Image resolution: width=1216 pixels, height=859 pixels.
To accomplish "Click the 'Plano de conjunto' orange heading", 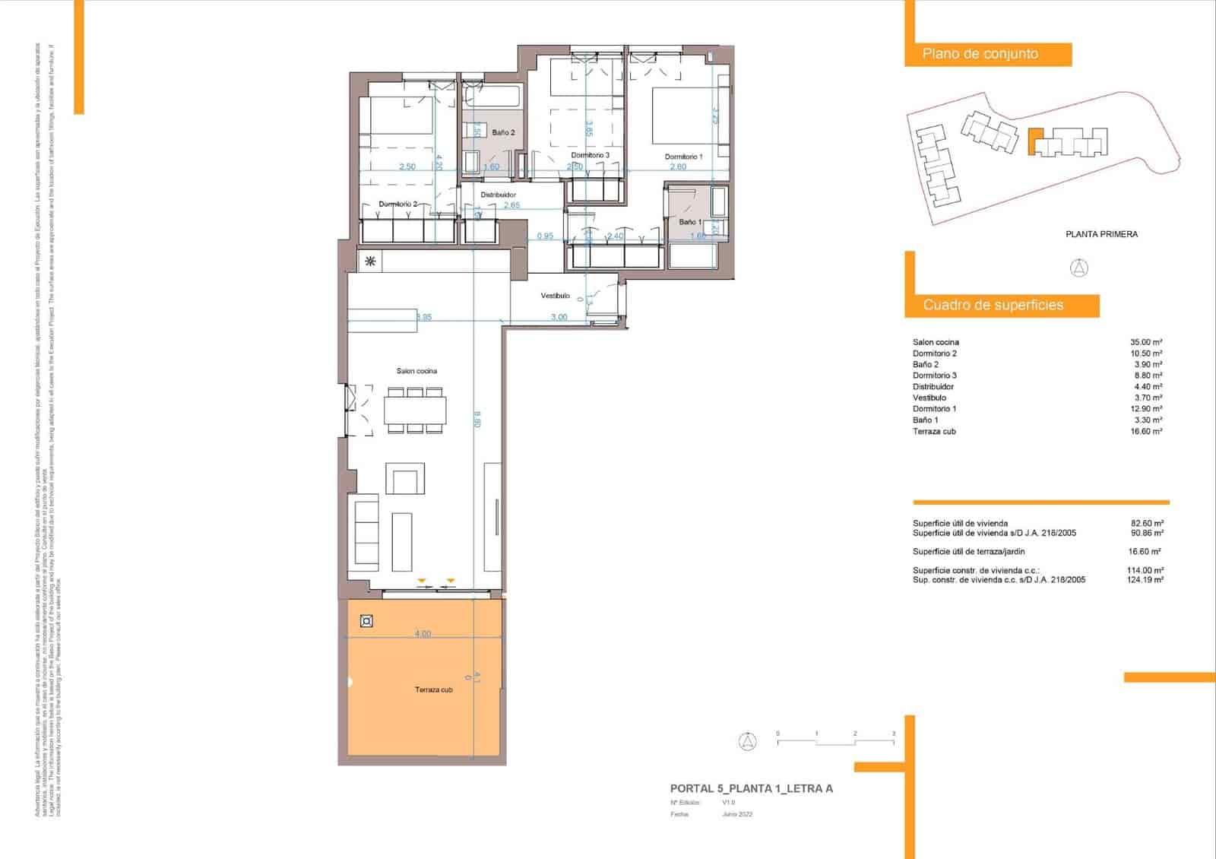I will [980, 54].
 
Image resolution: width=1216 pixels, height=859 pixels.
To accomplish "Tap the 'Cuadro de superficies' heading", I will [993, 305].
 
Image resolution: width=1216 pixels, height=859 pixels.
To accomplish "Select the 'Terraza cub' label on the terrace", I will [433, 690].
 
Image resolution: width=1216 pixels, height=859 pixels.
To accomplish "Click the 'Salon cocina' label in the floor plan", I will [416, 371].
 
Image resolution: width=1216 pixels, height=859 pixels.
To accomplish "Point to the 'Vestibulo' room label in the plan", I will [555, 296].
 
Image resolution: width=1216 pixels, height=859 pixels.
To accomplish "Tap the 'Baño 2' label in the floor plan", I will [502, 132].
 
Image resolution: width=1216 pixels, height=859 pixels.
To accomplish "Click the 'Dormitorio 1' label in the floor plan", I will [683, 157].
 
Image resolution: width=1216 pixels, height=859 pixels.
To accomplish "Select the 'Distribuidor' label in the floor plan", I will [498, 195].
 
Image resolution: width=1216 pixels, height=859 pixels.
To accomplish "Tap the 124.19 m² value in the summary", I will [1145, 580].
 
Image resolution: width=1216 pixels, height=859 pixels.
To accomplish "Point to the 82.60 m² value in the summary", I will [1147, 523].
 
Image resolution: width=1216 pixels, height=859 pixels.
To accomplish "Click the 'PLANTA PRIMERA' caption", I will [1101, 234].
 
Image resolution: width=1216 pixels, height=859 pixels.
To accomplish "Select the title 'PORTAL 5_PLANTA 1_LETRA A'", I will [751, 789].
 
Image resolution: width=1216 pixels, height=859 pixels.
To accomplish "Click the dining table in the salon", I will [414, 410].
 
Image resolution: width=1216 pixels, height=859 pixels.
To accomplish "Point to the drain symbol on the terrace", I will [366, 622].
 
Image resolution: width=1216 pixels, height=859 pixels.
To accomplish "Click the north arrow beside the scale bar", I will [748, 742].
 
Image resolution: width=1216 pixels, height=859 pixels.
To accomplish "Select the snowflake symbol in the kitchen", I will [370, 262].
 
